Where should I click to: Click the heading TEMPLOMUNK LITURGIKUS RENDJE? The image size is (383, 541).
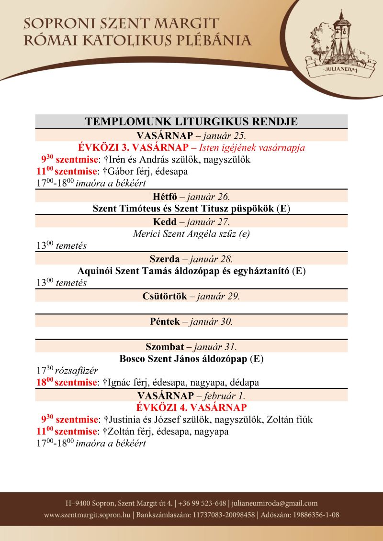pyautogui.click(x=191, y=121)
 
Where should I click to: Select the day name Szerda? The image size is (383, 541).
pyautogui.click(x=164, y=259)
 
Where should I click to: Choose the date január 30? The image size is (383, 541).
pyautogui.click(x=212, y=321)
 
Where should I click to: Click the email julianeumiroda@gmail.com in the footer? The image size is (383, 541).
pyautogui.click(x=275, y=503)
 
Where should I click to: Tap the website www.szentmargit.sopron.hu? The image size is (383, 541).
pyautogui.click(x=87, y=515)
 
